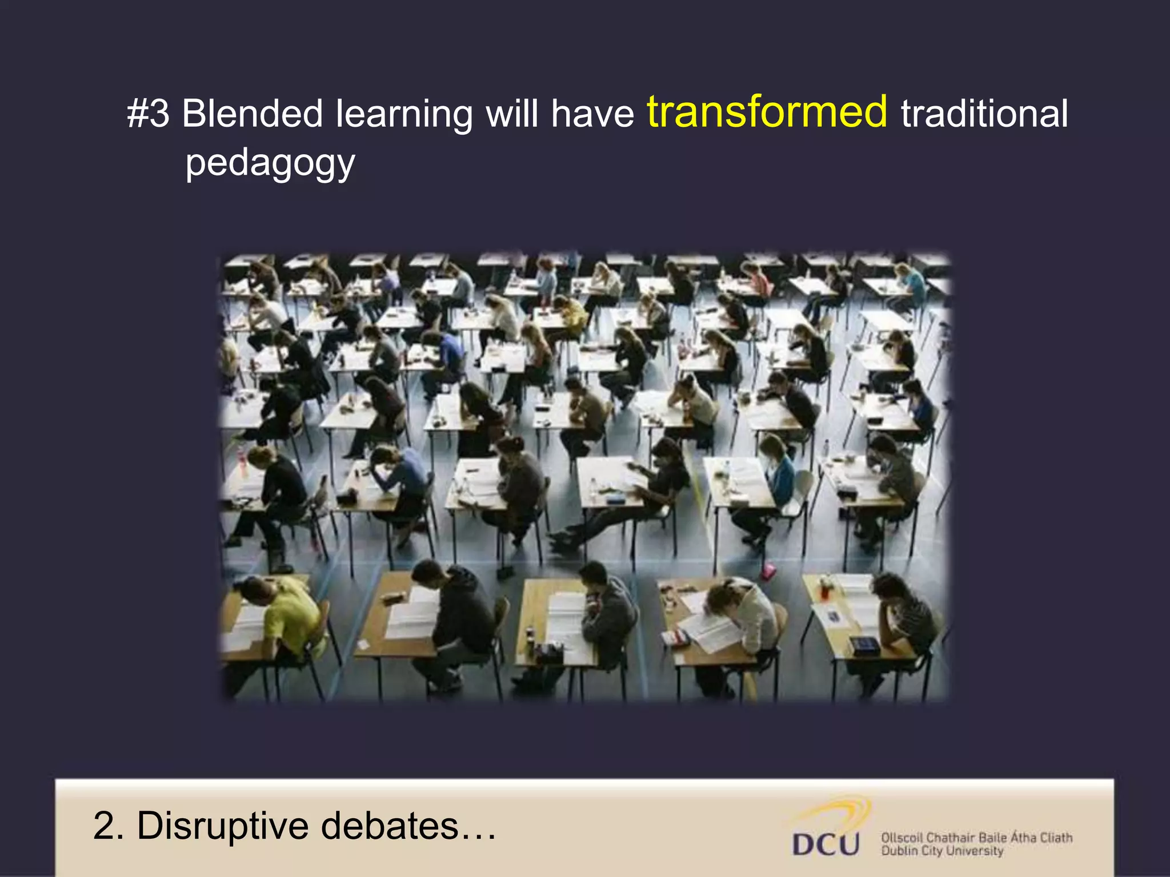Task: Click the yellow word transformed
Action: [767, 112]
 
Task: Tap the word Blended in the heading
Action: [253, 113]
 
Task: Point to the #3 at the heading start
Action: [148, 113]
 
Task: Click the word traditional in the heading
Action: [984, 113]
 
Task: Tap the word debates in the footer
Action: [390, 826]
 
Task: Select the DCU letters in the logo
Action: [826, 844]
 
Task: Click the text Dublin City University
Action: [941, 851]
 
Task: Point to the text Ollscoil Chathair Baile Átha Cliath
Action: [976, 838]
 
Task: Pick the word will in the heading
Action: [511, 113]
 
